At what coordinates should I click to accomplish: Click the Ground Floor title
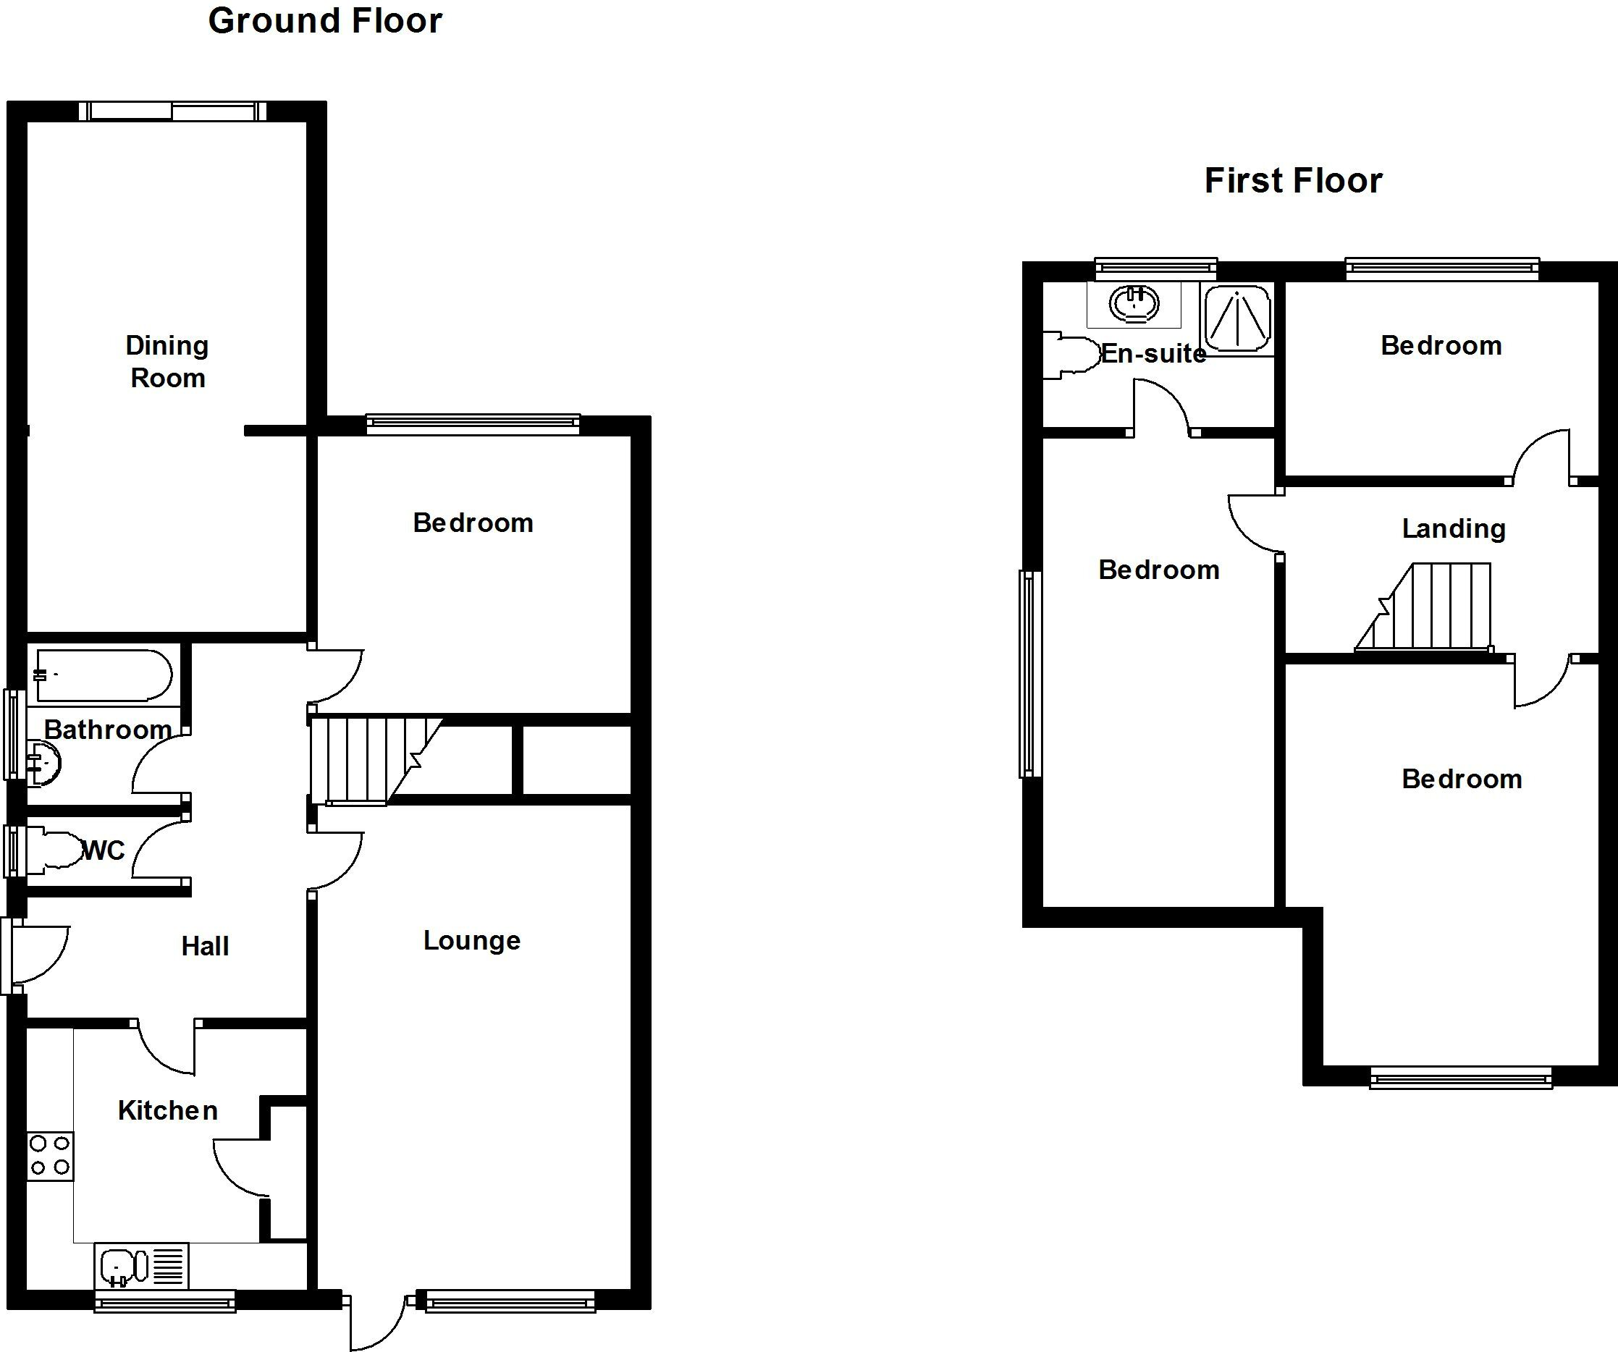pos(325,21)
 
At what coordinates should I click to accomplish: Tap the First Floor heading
pos(1293,181)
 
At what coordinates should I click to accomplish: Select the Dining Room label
pos(167,361)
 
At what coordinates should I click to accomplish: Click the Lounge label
pos(471,940)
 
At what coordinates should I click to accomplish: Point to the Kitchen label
pos(167,1110)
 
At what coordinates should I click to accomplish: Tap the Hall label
pos(205,946)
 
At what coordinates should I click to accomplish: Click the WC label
pos(104,850)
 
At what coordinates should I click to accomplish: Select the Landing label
pos(1453,528)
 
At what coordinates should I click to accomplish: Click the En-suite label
pos(1153,354)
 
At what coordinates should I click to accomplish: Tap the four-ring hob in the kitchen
pos(50,1156)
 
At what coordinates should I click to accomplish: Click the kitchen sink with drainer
pos(141,1265)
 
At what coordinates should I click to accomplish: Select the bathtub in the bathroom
pos(104,675)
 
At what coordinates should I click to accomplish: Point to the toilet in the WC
pos(58,850)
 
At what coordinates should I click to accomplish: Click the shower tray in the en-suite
pos(1237,319)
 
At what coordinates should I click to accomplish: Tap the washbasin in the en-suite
pos(1134,303)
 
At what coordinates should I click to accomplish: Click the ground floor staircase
pos(370,761)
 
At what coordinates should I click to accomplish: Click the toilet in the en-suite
pos(1071,355)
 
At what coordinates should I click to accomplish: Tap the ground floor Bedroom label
pos(472,523)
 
